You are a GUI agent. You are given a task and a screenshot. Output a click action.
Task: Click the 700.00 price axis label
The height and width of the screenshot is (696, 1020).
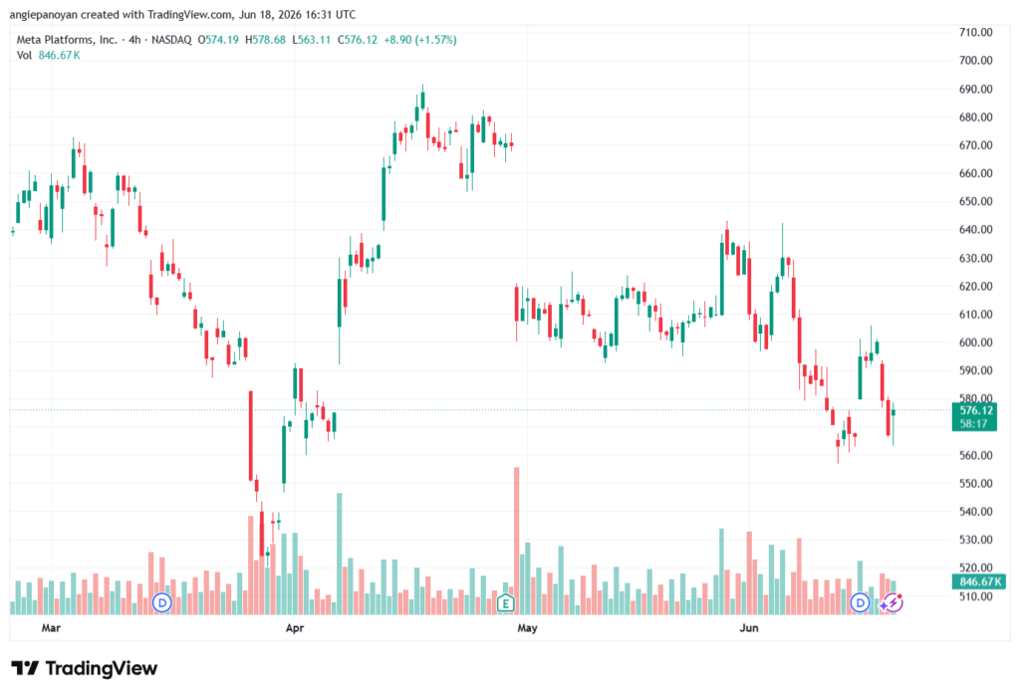pos(975,61)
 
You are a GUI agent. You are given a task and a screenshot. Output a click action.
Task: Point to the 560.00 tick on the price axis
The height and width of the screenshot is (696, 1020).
pos(975,455)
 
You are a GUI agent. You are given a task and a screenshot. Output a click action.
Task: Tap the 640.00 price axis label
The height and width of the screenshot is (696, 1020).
pos(975,230)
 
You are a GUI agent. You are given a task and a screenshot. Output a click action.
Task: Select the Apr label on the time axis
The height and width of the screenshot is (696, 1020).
pos(295,628)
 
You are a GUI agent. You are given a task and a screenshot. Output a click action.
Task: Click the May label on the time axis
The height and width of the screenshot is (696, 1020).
pos(527,628)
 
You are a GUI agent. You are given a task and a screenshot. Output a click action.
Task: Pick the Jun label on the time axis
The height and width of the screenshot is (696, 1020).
pos(749,628)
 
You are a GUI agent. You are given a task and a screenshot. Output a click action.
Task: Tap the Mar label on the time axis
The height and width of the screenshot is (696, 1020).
pos(51,628)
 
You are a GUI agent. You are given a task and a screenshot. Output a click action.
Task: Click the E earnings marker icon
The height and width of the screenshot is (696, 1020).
pos(505,603)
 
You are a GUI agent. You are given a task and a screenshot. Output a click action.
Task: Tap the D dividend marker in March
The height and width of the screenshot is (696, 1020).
pos(162,603)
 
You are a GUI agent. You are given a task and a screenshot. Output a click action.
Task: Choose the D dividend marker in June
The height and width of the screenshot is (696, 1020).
pos(860,603)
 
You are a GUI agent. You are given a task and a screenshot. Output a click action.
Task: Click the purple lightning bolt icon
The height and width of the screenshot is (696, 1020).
pos(892,603)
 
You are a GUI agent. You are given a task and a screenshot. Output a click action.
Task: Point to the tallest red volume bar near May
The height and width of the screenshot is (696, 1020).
pos(517,541)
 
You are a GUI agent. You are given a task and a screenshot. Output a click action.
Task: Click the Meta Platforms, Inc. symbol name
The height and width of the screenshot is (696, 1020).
pos(67,40)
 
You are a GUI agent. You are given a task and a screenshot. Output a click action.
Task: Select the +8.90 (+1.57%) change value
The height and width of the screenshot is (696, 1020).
pos(420,40)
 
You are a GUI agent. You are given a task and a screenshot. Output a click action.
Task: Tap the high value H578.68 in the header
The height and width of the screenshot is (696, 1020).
pos(265,40)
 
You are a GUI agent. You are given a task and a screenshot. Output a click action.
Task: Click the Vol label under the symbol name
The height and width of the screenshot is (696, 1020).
pos(24,56)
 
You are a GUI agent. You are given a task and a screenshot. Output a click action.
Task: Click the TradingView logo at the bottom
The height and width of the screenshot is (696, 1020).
pos(85,668)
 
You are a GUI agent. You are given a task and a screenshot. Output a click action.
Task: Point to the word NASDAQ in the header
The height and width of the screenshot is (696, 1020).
pos(171,40)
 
